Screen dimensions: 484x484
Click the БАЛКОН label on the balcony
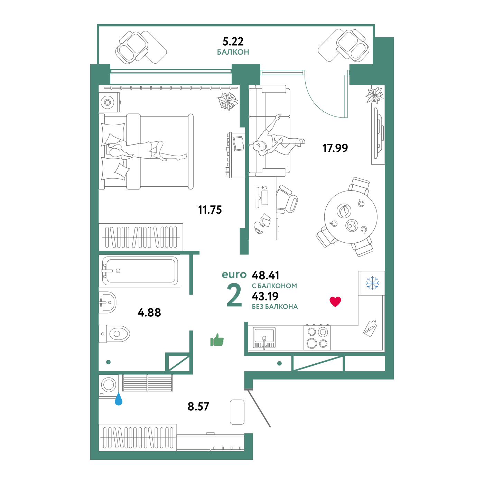[x=233, y=52]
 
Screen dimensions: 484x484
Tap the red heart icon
[x=335, y=301]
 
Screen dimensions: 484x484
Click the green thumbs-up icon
[x=217, y=340]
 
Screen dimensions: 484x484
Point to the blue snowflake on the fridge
[x=372, y=283]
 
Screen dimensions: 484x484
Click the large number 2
[x=234, y=295]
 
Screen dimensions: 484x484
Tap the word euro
[x=234, y=274]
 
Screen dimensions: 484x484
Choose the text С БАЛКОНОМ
[x=274, y=286]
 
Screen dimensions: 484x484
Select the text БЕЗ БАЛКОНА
[x=275, y=307]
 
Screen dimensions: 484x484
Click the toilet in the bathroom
[x=115, y=334]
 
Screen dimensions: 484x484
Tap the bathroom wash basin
[x=108, y=302]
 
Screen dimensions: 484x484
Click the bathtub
[x=140, y=271]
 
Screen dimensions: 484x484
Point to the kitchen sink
[x=264, y=337]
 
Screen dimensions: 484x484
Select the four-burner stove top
[x=317, y=338]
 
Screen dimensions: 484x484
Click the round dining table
[x=351, y=217]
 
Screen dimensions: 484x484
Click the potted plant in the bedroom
[x=228, y=101]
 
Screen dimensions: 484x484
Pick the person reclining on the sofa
[x=277, y=142]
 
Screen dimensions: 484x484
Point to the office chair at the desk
[x=288, y=199]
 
